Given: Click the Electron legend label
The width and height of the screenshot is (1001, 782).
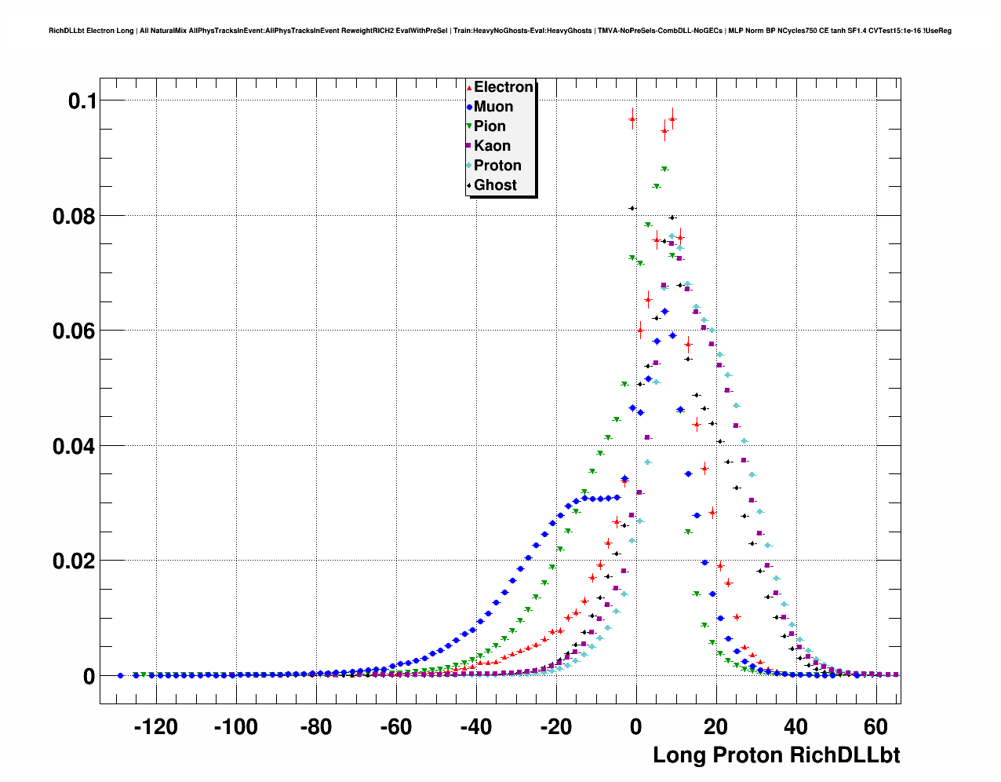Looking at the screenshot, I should tap(504, 87).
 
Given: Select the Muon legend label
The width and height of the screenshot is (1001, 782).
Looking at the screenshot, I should tap(493, 107).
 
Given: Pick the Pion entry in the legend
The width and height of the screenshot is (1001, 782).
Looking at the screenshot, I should tap(490, 126).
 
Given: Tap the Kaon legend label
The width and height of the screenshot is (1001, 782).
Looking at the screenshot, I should tap(492, 146).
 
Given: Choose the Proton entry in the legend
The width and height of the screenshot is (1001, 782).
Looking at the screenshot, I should tap(497, 166).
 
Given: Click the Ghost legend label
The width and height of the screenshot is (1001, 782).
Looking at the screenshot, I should tap(495, 185).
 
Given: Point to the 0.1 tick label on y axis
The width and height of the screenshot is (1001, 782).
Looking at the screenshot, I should tap(82, 100).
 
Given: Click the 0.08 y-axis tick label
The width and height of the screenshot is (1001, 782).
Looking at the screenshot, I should tap(74, 216).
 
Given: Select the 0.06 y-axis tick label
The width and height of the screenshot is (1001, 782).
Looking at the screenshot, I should tap(74, 331).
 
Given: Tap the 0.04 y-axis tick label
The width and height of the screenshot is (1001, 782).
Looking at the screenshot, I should tap(74, 446).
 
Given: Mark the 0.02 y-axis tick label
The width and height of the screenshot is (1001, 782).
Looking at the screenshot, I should tap(74, 561).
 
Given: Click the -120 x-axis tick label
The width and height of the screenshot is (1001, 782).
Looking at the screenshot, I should tap(155, 728).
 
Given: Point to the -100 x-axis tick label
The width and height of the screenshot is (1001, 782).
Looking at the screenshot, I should tap(235, 728).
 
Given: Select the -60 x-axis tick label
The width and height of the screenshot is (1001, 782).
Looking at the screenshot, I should tap(395, 728).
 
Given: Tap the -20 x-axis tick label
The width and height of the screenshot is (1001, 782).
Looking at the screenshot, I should tap(555, 728).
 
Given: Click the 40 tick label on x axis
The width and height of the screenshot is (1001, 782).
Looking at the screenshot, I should tap(795, 728).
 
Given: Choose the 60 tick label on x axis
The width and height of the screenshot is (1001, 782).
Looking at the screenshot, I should tap(875, 728).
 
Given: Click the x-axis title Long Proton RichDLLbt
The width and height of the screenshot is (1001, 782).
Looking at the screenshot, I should tap(776, 755).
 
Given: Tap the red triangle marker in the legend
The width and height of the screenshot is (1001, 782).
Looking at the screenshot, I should tap(469, 88).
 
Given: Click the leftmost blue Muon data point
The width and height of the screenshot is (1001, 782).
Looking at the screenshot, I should tap(120, 675).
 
